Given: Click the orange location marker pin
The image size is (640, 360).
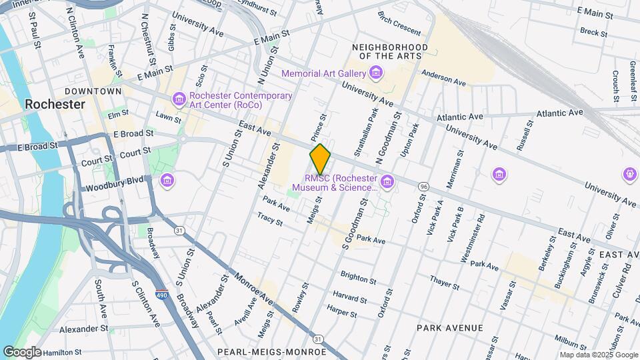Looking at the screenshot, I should pyautogui.click(x=321, y=159).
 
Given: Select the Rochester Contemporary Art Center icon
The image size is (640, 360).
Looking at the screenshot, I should pyautogui.click(x=179, y=100).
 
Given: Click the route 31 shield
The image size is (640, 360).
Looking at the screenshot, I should pyautogui.click(x=179, y=230).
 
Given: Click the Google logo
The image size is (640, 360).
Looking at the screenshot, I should pyautogui.click(x=22, y=351).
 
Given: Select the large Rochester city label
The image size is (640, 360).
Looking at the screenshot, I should pyautogui.click(x=55, y=105).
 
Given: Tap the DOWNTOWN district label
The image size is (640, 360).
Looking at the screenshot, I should pyautogui.click(x=93, y=91).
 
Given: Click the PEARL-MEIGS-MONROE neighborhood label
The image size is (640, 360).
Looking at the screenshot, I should pyautogui.click(x=272, y=351).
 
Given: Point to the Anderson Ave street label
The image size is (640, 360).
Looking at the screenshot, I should pyautogui.click(x=443, y=78).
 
